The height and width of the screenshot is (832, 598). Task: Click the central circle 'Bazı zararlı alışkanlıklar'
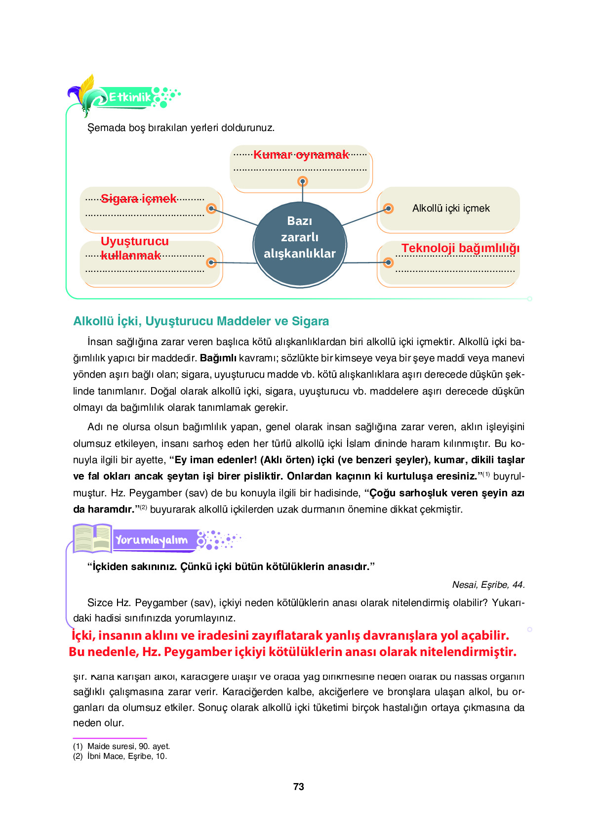tap(299, 244)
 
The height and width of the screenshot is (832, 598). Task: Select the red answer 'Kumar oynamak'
tap(301, 155)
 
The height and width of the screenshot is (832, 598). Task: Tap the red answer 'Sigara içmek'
tap(138, 199)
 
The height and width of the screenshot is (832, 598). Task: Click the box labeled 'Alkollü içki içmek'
tap(450, 209)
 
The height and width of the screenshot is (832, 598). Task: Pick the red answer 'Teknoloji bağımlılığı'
tap(460, 248)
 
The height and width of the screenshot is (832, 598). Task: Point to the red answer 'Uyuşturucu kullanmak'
tap(134, 248)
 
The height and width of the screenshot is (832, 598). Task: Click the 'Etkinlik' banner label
tap(129, 97)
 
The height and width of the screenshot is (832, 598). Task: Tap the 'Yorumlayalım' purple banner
tap(152, 540)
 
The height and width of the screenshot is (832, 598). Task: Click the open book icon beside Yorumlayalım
tap(92, 538)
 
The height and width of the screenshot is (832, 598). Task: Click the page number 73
tap(298, 787)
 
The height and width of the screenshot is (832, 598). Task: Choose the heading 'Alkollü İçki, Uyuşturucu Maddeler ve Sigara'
tap(200, 321)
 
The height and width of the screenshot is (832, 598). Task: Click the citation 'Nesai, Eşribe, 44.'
tap(488, 585)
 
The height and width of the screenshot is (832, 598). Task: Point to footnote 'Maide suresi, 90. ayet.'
tap(128, 746)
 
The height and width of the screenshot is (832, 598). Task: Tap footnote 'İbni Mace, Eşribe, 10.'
tap(127, 756)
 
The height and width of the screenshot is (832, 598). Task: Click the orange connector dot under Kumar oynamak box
tap(303, 181)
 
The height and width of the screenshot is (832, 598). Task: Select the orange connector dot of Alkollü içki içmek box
tap(388, 209)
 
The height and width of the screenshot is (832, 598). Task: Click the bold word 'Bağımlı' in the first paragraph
tap(218, 358)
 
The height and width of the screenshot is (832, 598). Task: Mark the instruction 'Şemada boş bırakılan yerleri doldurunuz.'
tap(181, 128)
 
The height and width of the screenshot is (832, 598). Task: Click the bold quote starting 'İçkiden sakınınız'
tap(231, 567)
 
